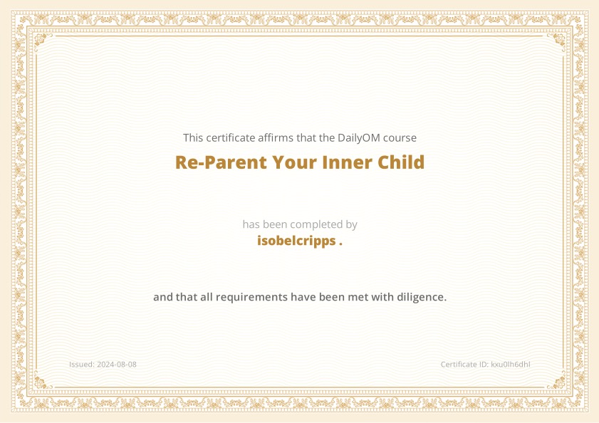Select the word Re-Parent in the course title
tap(222, 162)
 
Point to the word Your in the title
tap(295, 162)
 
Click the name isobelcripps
tap(296, 241)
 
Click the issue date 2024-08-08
tap(117, 365)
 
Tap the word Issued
tap(82, 365)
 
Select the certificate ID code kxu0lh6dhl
tap(511, 365)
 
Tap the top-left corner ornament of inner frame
tap(43, 41)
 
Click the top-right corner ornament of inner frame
tap(556, 41)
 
